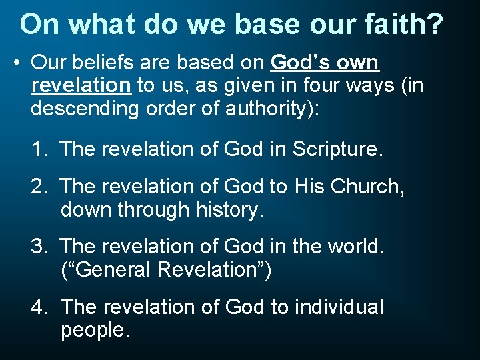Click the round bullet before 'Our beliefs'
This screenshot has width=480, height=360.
(17, 63)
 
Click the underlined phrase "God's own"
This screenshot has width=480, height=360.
(325, 63)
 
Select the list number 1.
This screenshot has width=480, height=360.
(39, 149)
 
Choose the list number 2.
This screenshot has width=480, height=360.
(39, 187)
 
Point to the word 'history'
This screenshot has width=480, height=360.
(226, 210)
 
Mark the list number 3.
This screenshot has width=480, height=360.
(39, 247)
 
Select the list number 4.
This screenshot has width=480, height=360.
(39, 307)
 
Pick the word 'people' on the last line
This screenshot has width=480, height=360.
(93, 330)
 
